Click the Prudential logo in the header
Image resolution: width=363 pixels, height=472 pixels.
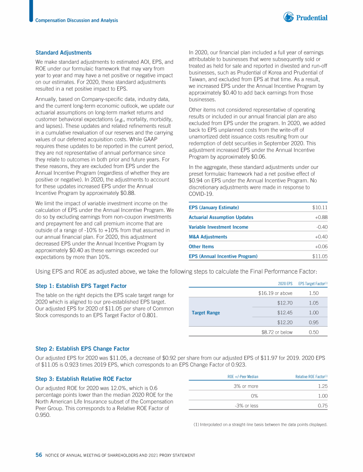point(305,18)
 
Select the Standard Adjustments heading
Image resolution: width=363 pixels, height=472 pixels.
point(63,52)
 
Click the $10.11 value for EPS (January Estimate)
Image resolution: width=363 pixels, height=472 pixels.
point(320,208)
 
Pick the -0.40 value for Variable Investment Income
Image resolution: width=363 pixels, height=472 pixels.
point(321,227)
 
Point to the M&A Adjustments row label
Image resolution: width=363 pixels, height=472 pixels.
point(207,236)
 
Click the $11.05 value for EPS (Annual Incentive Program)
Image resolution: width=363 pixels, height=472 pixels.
point(320,256)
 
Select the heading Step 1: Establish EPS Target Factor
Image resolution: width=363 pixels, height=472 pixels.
point(81,286)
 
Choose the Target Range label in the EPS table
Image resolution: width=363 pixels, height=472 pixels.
point(207,312)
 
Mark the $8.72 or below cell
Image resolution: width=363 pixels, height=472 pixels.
point(277,332)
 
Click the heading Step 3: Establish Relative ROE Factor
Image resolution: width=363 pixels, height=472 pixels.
point(83,379)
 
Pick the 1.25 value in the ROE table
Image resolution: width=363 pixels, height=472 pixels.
point(322,386)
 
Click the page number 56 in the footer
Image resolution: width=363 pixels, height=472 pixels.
point(39,455)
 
